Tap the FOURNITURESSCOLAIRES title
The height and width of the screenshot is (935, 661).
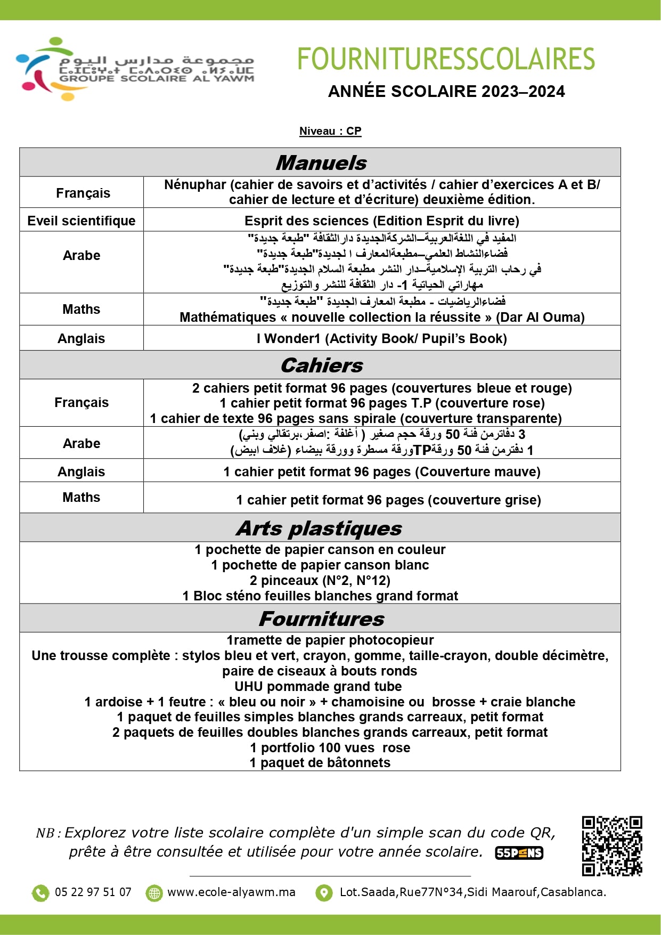point(446,59)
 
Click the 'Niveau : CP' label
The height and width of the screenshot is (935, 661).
point(330,131)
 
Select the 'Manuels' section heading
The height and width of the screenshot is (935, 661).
point(321,162)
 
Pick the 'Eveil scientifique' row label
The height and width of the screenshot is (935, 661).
point(81,221)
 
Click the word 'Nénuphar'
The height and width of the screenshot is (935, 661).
point(195,185)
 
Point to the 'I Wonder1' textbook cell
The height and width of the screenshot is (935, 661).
point(381,338)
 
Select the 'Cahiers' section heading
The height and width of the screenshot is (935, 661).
point(321,365)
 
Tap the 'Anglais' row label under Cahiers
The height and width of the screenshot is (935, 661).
point(81,471)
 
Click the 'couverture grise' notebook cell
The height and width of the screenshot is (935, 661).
point(388,500)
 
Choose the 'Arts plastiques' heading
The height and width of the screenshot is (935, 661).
point(319,528)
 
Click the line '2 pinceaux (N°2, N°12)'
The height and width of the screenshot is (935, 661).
point(320,580)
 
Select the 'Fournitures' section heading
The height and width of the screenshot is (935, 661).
point(321,619)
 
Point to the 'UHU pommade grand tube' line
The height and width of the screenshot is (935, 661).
point(318,686)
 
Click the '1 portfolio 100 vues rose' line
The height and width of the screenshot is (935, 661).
point(330,747)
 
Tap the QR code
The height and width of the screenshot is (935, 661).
point(611,845)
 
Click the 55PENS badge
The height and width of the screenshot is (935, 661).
point(519,853)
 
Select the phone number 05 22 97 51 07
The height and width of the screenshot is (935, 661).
point(93,892)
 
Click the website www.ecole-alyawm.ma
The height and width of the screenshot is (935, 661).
point(231,892)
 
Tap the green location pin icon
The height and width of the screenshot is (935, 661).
point(323,892)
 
